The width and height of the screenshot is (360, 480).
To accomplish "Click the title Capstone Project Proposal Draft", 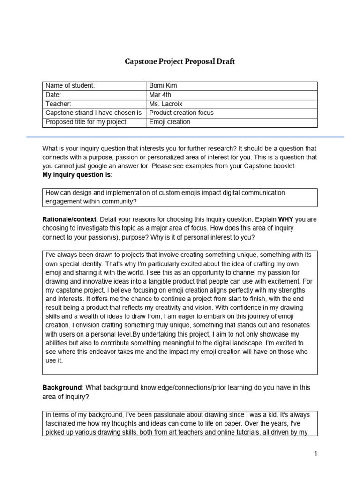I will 180,61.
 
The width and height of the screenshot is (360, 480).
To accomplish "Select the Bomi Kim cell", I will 163,86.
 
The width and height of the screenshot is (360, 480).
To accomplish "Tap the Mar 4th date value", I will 160,95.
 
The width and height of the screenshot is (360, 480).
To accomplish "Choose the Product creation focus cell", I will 181,113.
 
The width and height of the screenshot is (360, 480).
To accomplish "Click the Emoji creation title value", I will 169,122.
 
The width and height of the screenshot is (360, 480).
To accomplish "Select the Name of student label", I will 70,86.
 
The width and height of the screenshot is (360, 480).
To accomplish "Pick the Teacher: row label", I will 58,104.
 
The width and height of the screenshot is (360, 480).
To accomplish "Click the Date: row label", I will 53,95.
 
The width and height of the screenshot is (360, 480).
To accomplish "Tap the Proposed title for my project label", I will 86,122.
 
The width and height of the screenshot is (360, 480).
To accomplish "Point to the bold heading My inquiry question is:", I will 77,175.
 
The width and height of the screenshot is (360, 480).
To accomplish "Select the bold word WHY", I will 286,219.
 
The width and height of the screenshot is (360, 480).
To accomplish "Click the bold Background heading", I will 62,388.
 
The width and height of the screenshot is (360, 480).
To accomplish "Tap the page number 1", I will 316,453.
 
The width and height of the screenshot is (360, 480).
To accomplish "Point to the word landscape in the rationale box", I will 267,343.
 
